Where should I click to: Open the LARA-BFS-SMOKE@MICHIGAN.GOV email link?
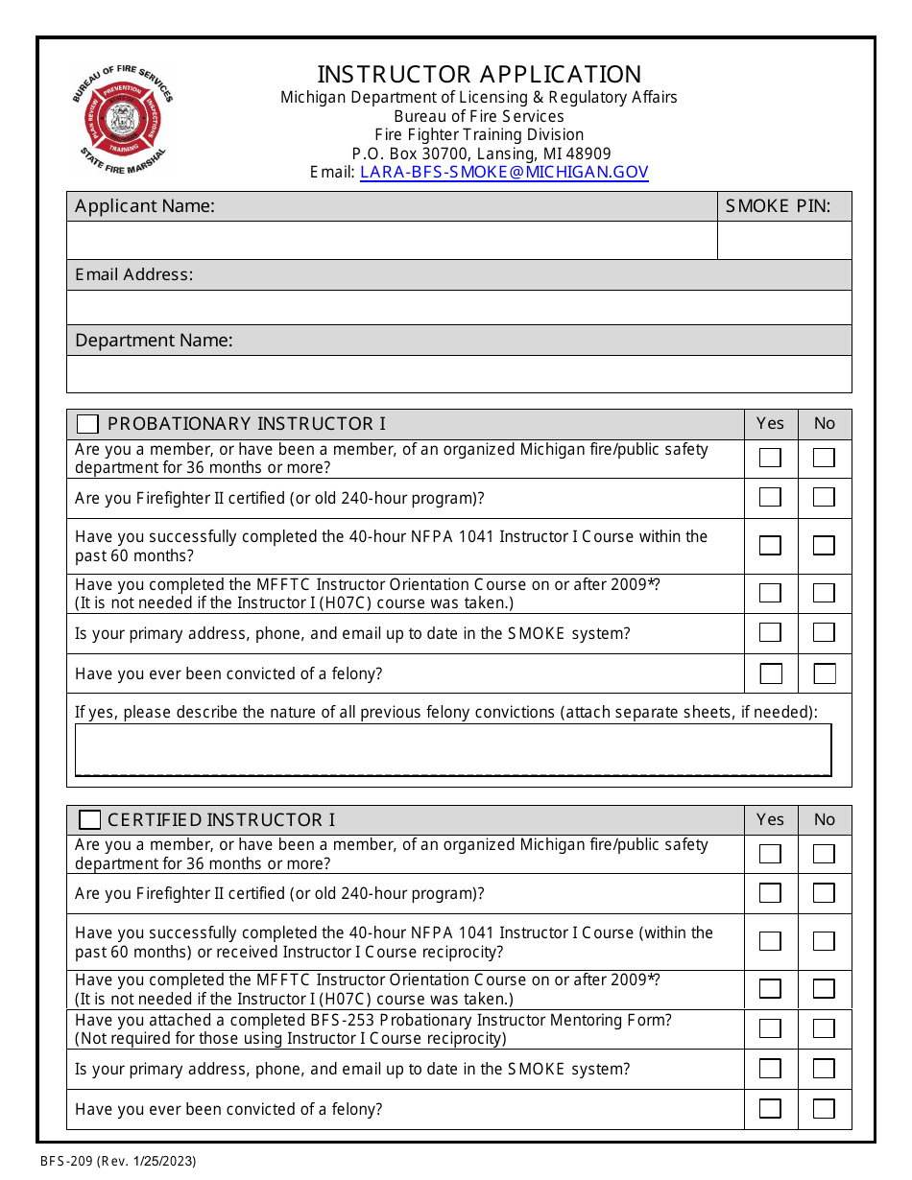coord(504,173)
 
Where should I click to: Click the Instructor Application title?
coord(479,74)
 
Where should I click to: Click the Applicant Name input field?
coord(392,241)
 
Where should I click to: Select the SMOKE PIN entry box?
coord(784,241)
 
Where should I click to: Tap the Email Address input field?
coord(459,307)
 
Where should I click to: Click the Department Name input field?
coord(459,373)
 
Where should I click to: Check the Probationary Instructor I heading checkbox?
coord(87,424)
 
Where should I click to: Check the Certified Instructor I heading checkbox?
coord(89,820)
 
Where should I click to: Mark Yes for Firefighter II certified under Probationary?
coord(770,497)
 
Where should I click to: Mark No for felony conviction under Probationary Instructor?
coord(824,673)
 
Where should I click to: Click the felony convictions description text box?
coord(453,749)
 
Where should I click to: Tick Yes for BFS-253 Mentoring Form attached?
coord(770,1028)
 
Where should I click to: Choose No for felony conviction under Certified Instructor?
coord(824,1109)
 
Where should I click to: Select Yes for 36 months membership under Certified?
coord(770,854)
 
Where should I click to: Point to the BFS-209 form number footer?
coord(118,1162)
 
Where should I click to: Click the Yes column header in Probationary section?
coord(770,424)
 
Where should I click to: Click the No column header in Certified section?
coord(824,820)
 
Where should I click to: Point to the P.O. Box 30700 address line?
coord(480,153)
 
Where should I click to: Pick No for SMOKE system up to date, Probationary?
coord(824,633)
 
